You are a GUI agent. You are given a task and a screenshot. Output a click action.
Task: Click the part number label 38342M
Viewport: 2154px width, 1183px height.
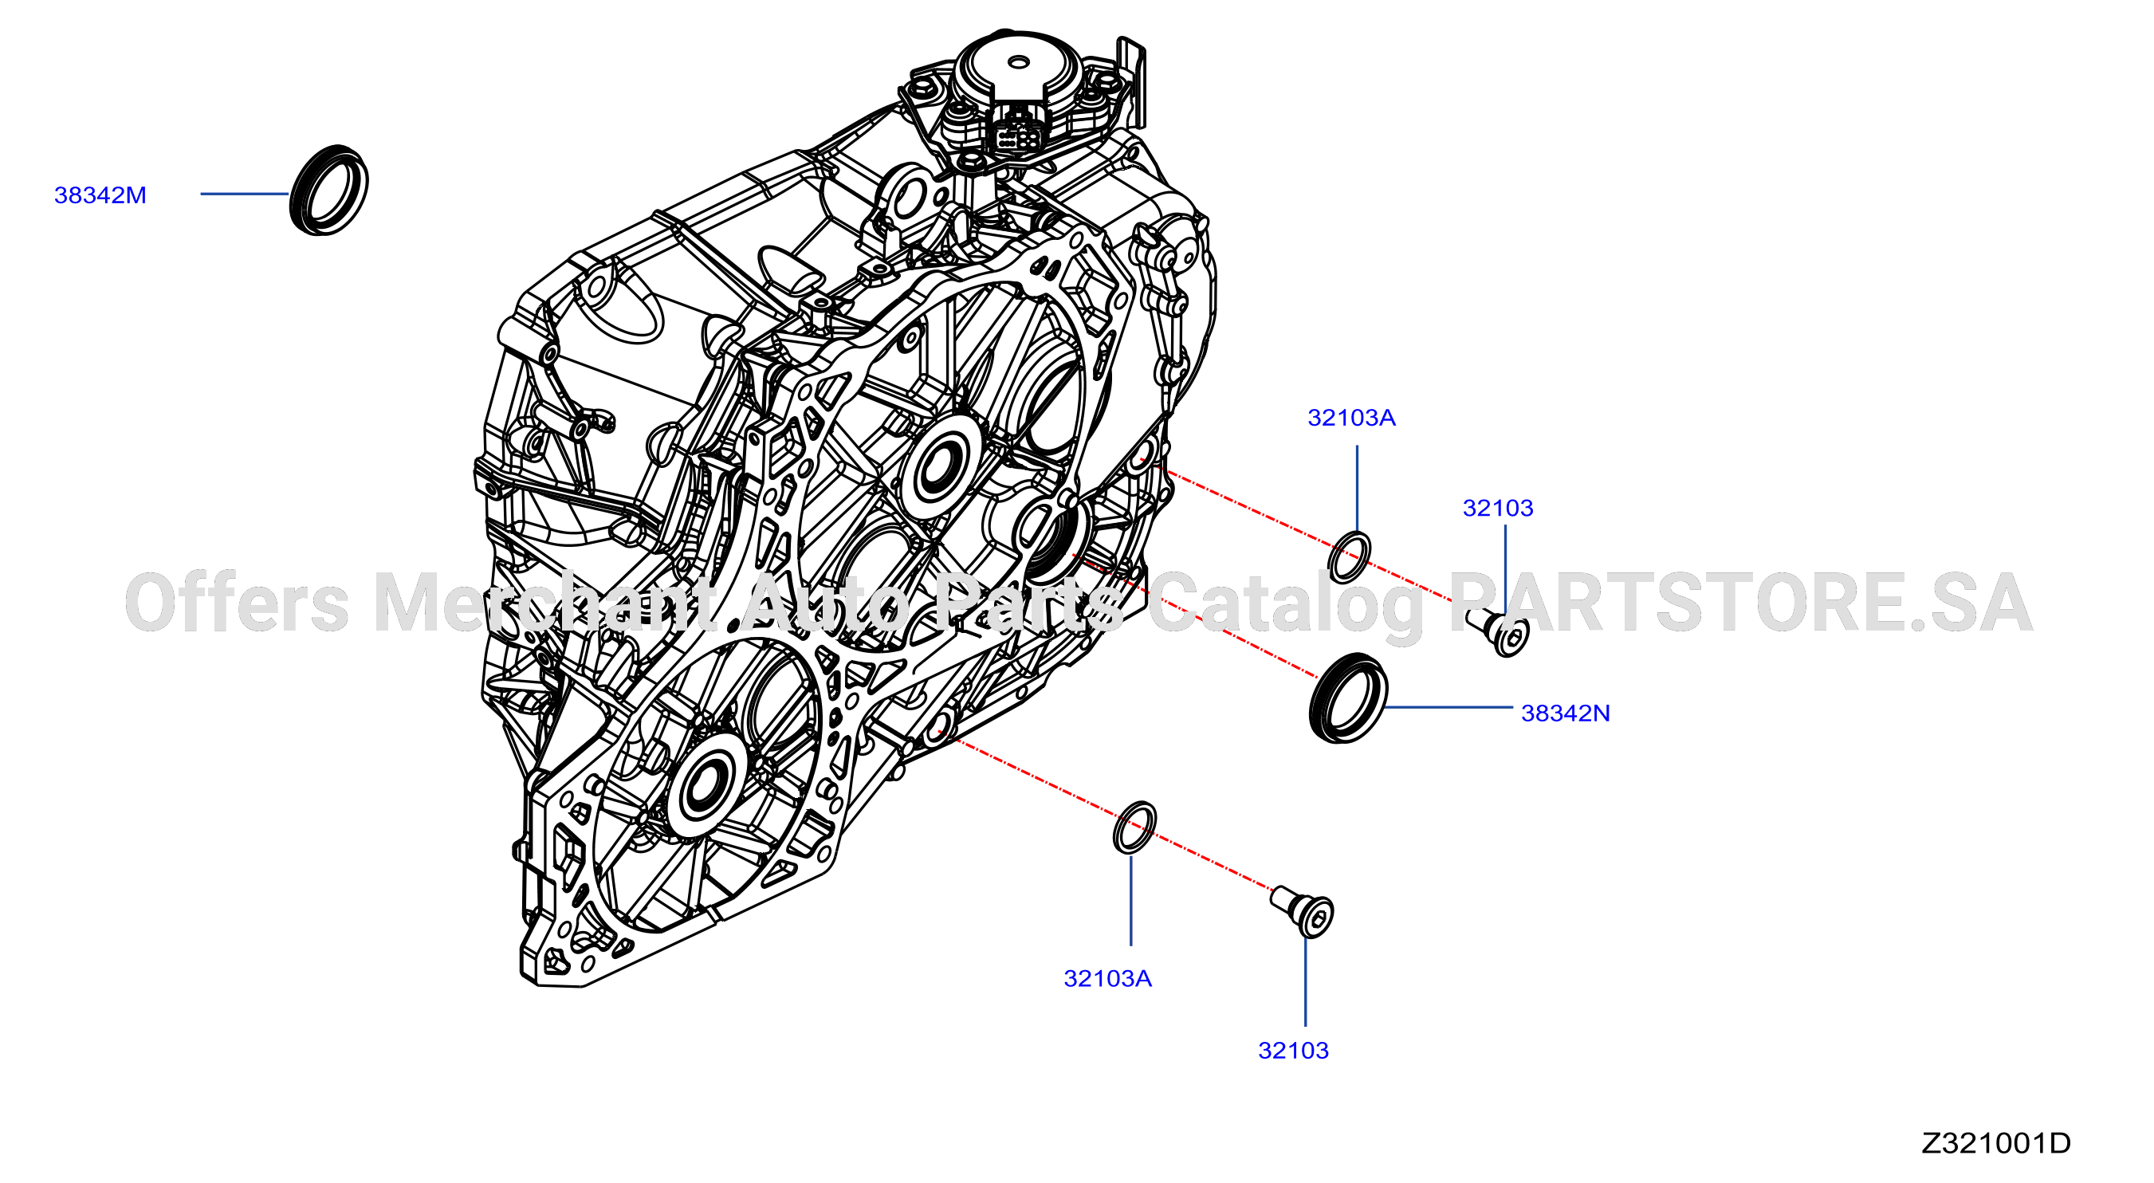pos(100,195)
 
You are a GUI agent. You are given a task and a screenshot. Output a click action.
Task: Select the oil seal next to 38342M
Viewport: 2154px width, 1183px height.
pos(328,190)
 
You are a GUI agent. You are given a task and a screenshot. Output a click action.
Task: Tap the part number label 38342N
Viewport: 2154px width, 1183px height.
pos(1566,713)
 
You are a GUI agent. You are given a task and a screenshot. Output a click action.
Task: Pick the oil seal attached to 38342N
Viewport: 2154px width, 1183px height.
pos(1348,698)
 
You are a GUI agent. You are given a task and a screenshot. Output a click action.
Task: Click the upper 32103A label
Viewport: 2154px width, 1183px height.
pos(1351,417)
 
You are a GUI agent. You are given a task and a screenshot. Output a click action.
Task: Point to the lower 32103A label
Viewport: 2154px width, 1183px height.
pos(1107,978)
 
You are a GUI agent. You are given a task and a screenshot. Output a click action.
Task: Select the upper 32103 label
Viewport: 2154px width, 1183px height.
pos(1498,508)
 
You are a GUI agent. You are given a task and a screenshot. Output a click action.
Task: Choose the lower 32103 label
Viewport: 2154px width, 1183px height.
pos(1293,1050)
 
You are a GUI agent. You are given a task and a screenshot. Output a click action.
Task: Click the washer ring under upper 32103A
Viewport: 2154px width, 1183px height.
pos(1350,556)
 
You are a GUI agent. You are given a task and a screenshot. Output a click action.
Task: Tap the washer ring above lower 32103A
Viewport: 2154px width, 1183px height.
pos(1134,827)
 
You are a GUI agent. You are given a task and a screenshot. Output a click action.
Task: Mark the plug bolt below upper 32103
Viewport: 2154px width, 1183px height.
pos(1499,632)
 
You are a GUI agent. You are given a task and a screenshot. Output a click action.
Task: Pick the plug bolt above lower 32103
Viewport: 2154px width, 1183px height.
pos(1302,912)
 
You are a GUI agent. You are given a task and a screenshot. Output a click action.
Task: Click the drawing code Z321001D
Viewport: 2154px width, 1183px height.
pos(1995,1143)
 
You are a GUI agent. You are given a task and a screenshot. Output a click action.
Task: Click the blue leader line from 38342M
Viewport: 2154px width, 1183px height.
pos(244,194)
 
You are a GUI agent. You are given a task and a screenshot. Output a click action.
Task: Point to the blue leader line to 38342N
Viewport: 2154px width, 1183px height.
pos(1449,707)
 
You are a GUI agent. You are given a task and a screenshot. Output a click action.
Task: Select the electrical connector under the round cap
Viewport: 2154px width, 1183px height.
pos(1018,134)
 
